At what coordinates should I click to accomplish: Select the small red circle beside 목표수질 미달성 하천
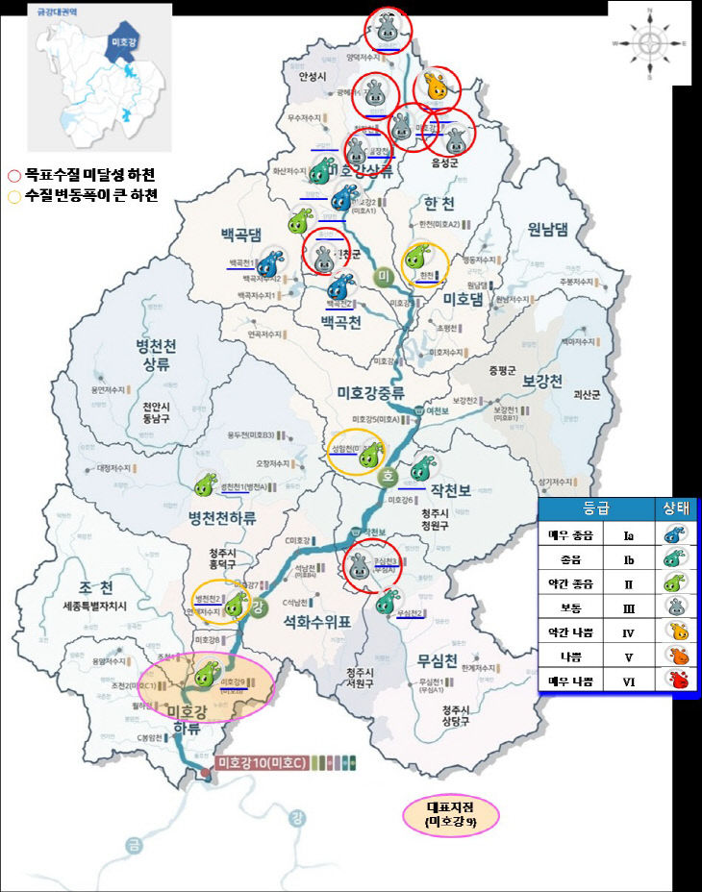tap(13, 176)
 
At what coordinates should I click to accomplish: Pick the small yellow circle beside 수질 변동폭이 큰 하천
tap(13, 196)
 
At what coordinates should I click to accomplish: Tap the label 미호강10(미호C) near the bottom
tap(261, 762)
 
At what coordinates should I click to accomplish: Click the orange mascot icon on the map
tap(437, 87)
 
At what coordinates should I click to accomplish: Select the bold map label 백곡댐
tap(240, 234)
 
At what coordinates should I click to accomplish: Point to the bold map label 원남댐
tap(549, 229)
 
